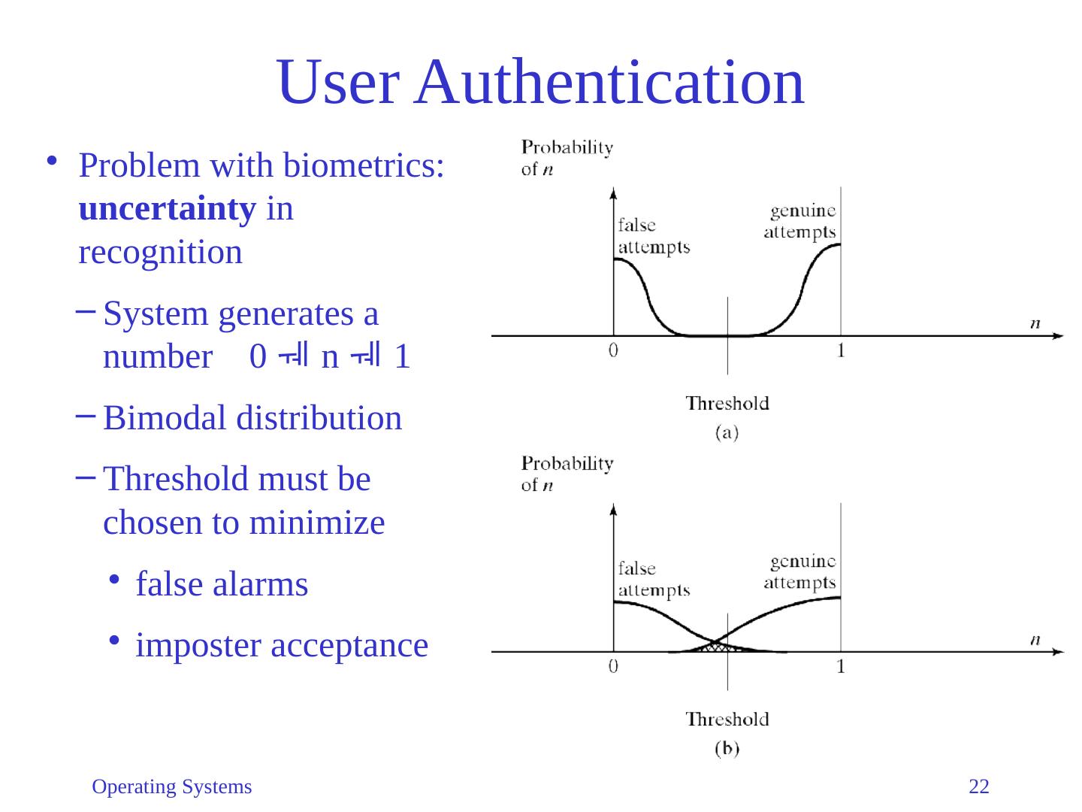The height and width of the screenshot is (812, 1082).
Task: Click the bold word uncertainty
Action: click(x=167, y=210)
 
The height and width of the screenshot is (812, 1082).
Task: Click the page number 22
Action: click(x=979, y=787)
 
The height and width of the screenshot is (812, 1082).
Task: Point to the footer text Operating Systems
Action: click(x=171, y=787)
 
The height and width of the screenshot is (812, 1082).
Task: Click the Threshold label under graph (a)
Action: click(x=727, y=403)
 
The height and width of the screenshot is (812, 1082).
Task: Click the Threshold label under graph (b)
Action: click(x=727, y=720)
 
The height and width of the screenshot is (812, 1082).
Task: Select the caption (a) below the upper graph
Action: click(x=727, y=432)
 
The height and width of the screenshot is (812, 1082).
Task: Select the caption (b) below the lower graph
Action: click(x=727, y=749)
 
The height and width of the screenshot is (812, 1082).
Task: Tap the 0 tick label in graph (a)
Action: click(x=614, y=350)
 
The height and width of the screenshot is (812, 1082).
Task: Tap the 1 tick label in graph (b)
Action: click(x=841, y=666)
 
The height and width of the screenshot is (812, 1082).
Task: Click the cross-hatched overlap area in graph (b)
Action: click(x=718, y=645)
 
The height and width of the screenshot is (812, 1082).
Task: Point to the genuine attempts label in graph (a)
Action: click(x=800, y=221)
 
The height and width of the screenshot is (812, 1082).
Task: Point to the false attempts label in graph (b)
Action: click(x=653, y=579)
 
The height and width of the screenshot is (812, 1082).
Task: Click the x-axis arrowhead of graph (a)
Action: click(x=1059, y=335)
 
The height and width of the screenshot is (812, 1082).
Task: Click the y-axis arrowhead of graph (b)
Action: click(x=614, y=510)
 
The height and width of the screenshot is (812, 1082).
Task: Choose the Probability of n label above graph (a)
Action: click(x=567, y=157)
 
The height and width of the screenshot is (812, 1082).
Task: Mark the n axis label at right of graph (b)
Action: click(x=1035, y=640)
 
